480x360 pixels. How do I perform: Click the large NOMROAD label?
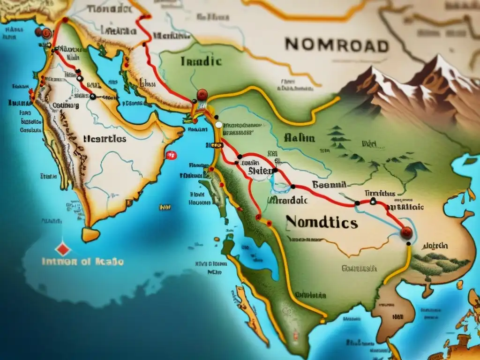click(337, 45)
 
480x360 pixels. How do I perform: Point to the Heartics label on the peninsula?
click(104, 139)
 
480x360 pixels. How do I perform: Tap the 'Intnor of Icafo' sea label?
click(82, 262)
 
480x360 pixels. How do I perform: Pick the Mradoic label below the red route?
click(286, 200)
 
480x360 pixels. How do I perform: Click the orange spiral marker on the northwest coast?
click(46, 33)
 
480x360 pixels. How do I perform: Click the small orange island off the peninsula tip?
click(90, 234)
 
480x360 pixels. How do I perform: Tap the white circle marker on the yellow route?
click(218, 125)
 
